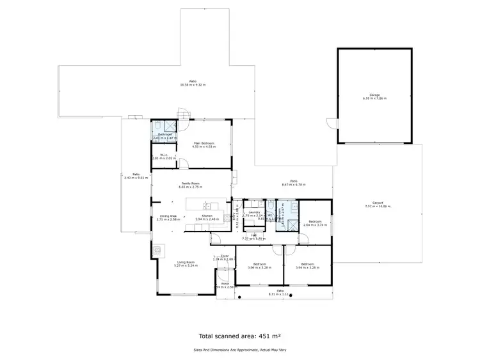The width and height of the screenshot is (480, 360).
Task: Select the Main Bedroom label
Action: pos(204,143)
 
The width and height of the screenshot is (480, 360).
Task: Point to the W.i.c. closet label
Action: pos(164,155)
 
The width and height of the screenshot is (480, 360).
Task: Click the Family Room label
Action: pos(191,184)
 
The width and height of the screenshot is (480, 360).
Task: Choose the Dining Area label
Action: pos(168,216)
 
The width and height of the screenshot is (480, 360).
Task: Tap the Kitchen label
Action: pos(207,216)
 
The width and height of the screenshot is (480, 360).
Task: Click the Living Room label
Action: pos(186,262)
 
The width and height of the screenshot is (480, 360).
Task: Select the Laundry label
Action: pos(253,212)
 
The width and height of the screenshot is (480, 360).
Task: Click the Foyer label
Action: pos(225,256)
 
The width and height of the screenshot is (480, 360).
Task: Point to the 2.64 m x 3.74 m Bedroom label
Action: pos(315,222)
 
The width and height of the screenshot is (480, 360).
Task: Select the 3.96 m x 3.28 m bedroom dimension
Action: pos(259,267)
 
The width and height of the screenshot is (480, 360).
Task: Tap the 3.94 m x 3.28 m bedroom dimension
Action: pos(307,267)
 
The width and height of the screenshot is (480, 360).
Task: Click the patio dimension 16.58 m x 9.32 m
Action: pos(193,85)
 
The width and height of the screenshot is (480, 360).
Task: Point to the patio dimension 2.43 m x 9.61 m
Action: pos(136,178)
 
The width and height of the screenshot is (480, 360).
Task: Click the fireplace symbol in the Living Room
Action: pos(157,248)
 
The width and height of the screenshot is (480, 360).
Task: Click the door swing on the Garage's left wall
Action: pos(330,122)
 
